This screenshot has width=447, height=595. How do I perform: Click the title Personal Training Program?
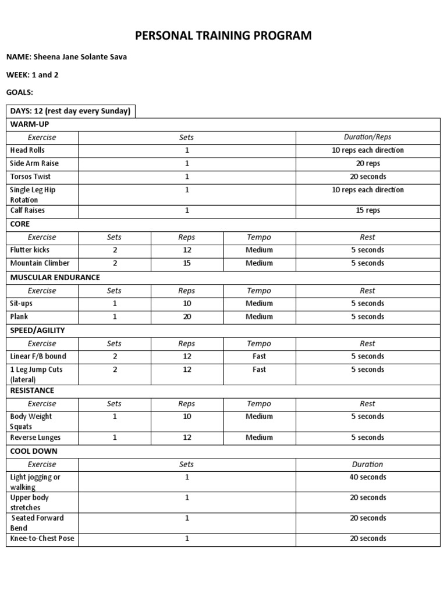point(223,36)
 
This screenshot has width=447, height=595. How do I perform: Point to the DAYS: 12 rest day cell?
point(70,111)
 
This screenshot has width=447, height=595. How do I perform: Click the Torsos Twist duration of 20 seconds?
point(367,177)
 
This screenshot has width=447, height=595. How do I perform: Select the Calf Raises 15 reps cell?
point(367,210)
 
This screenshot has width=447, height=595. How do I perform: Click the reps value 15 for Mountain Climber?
point(186,263)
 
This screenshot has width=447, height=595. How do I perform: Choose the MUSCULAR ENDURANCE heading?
point(55,277)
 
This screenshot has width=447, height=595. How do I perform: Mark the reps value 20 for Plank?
point(186,317)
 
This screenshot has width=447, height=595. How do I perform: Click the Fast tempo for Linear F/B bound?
point(259,356)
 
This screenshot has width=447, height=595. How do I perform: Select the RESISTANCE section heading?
point(32,390)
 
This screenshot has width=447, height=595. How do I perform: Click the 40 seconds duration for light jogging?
point(367,477)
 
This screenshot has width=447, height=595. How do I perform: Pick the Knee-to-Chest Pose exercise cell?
point(42,539)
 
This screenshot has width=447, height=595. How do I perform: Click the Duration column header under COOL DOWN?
point(367,464)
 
